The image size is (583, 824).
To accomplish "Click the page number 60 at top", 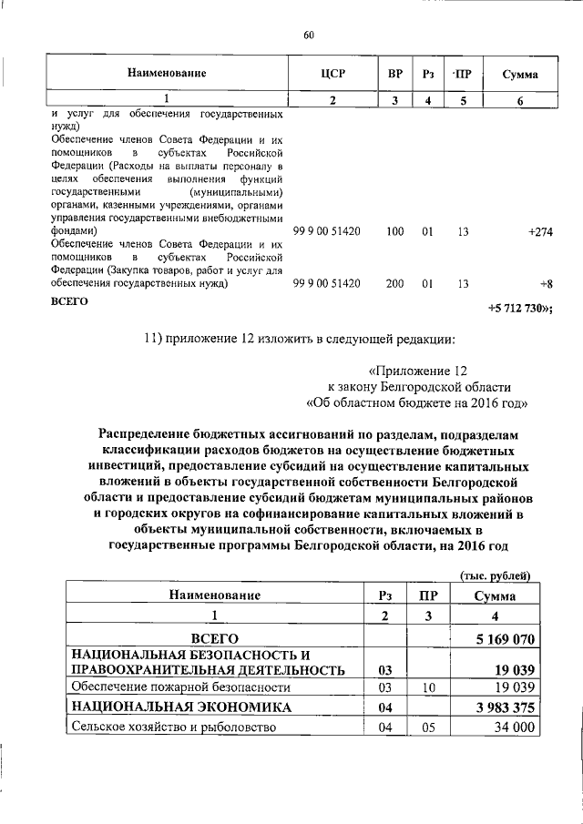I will click(308, 36).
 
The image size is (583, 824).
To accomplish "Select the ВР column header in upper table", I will click(394, 73).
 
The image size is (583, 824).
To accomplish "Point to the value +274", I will click(540, 232).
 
